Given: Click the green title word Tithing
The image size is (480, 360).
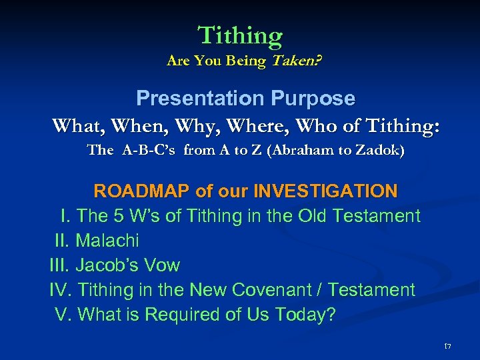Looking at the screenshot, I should point(240,35).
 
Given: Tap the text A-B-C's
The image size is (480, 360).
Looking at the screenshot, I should point(150,151).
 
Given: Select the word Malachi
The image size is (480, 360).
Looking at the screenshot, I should point(107,241).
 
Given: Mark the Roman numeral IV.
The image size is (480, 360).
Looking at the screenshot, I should point(61,290).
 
